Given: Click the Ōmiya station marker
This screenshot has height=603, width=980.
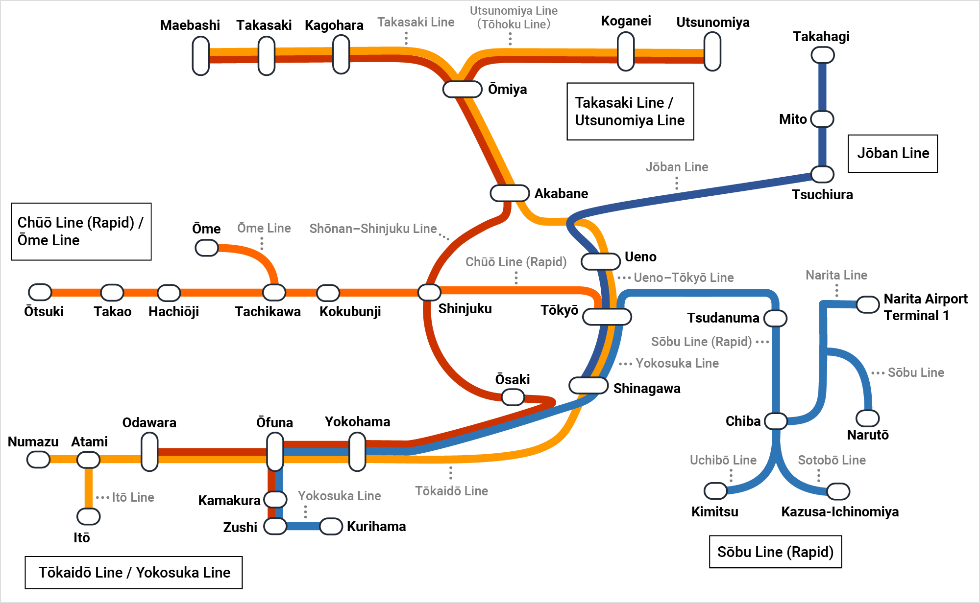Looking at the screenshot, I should pos(462,89).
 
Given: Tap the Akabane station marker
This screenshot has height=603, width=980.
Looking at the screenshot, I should pos(510,193).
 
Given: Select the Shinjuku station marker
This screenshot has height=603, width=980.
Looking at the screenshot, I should pos(429,292).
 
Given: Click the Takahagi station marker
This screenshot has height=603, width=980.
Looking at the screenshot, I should pos(823,55).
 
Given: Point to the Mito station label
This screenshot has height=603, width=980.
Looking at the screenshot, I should pos(792,119).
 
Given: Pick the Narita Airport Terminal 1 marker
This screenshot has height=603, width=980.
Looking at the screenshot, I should pos(867,304).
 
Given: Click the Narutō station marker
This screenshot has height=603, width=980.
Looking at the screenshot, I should pos(867,418).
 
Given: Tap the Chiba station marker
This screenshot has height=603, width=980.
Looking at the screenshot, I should pos(776,421).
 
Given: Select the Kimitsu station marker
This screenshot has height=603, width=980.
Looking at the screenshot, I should pos(715,490).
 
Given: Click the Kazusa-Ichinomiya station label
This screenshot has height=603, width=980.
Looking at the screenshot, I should pos(839,511).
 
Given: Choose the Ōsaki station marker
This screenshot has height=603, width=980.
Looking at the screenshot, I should pos(513,397).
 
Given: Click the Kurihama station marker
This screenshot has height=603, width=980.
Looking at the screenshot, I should pos(331,526).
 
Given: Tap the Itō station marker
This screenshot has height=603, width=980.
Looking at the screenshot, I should pos(89,516).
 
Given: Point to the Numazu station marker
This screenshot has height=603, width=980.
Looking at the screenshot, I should pos(38,460).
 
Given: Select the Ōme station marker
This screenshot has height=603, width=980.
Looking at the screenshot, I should pos(206,248).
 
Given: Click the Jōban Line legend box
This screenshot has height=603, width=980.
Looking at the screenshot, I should pos(892,153).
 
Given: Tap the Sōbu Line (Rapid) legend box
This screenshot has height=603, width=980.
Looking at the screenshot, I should pos(775,552).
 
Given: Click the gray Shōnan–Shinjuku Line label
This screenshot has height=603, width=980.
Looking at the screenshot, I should pos(372,229).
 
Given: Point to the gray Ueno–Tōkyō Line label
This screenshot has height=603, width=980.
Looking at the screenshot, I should pos(683,278).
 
